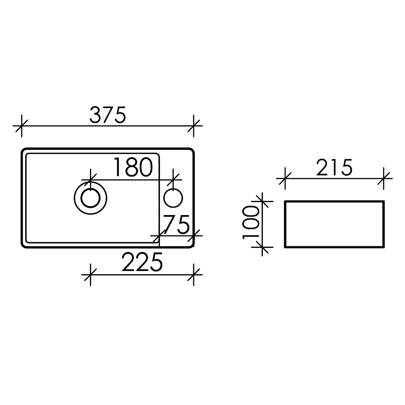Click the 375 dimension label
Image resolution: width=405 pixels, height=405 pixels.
pyautogui.click(x=107, y=115)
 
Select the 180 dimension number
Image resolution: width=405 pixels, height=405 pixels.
pyautogui.click(x=133, y=167)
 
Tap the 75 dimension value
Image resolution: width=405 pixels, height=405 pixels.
pyautogui.click(x=177, y=224)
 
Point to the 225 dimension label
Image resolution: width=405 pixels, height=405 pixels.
pyautogui.click(x=142, y=262)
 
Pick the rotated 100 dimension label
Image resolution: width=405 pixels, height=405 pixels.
pyautogui.click(x=251, y=223)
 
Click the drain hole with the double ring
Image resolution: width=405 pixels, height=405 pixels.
pyautogui.click(x=90, y=198)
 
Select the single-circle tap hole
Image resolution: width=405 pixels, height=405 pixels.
pyautogui.click(x=173, y=198)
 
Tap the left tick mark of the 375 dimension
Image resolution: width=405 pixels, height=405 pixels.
pyautogui.click(x=21, y=126)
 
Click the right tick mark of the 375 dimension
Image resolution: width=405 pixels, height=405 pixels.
pyautogui.click(x=194, y=126)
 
